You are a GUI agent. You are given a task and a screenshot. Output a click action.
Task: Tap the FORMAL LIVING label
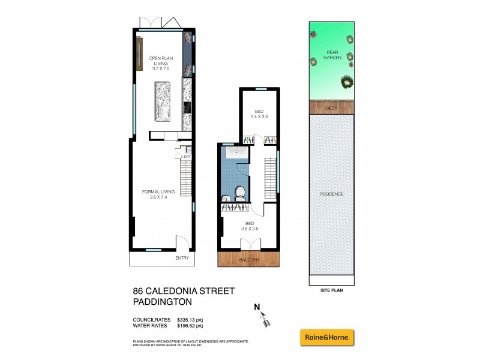click(x=158, y=191)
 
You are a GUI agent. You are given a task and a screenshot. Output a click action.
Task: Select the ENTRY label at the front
click(x=181, y=259)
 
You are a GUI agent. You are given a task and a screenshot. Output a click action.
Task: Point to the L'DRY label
click(x=185, y=157)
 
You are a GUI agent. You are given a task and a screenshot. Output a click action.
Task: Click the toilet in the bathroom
click(x=239, y=192)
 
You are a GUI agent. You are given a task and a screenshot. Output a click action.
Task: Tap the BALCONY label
click(x=249, y=260)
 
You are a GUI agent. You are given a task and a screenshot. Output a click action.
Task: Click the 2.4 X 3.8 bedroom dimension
click(x=259, y=116)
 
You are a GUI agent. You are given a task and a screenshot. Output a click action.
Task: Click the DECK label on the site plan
click(x=331, y=108)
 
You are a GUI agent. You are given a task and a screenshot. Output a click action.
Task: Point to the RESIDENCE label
click(x=331, y=194)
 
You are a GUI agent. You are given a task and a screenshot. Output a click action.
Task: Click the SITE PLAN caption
click(x=331, y=289)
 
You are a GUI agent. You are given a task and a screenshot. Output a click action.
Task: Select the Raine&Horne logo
click(x=327, y=337)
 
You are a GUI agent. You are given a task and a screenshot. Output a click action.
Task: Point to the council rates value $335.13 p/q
click(x=190, y=320)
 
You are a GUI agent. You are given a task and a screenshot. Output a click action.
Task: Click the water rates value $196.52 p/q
click(x=190, y=326)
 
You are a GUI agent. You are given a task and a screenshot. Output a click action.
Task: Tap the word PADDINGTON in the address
click(x=163, y=302)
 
